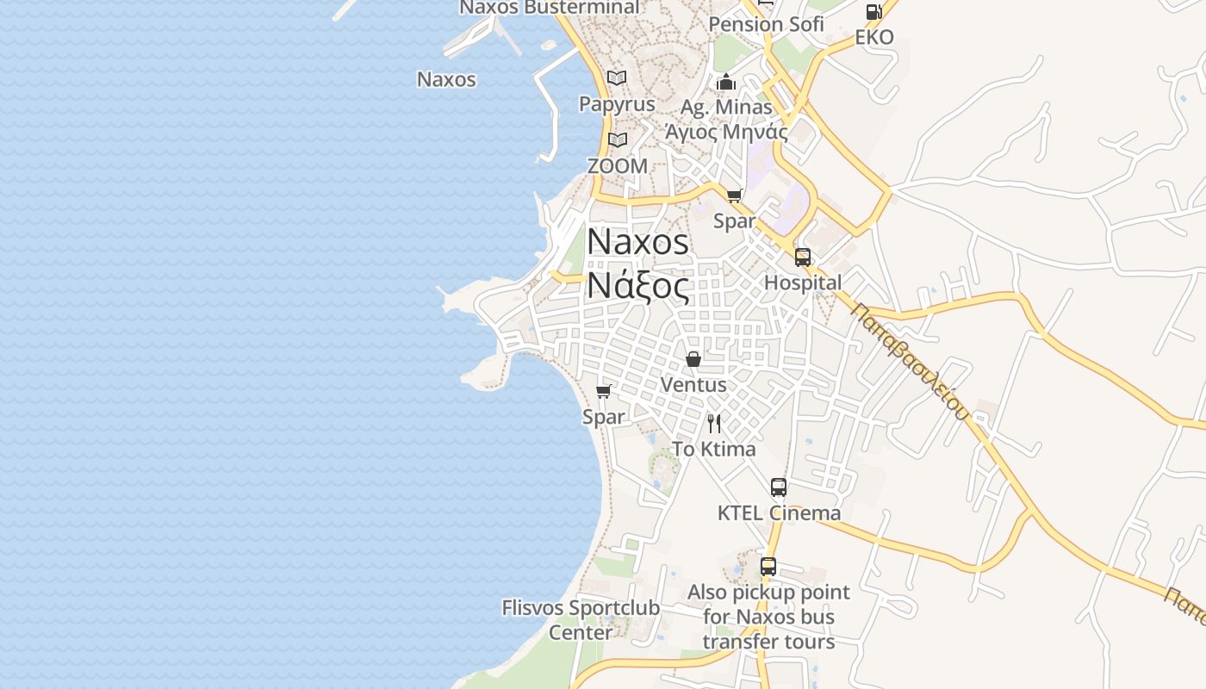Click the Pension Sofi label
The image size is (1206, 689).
[x=766, y=24]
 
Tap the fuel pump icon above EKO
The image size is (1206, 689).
[x=873, y=12]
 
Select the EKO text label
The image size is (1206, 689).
[x=874, y=37]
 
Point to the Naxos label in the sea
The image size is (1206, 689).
[x=446, y=79]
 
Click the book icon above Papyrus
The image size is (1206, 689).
[x=617, y=78]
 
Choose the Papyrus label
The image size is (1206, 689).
[x=617, y=104]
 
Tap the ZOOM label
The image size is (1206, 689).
[x=617, y=165]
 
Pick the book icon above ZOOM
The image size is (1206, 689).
[x=617, y=140]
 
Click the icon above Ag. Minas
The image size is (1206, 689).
[x=726, y=83]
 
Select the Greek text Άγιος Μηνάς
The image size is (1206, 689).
[x=726, y=132]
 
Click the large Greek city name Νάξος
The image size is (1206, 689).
[x=638, y=287]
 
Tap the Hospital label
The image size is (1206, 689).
[x=803, y=282]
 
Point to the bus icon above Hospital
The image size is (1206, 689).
[x=803, y=257]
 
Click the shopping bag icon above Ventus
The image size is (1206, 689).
[x=693, y=358]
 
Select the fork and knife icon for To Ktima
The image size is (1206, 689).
[x=713, y=423]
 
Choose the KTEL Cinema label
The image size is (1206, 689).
[x=779, y=513]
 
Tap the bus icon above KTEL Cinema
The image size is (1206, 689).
[x=779, y=487]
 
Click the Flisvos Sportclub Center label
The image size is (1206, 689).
[x=581, y=620]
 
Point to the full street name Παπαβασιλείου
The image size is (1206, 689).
[x=910, y=361]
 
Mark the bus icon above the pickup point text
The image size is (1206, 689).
[x=768, y=567]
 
